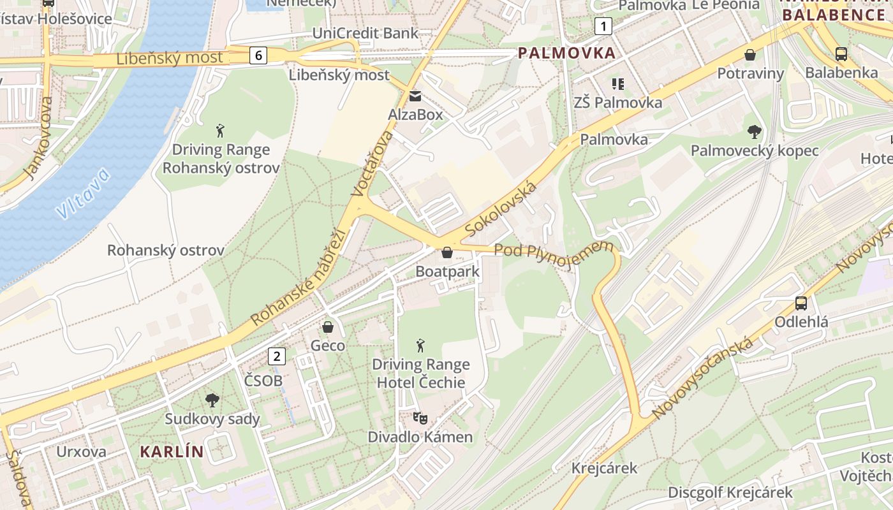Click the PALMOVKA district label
567,53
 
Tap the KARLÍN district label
172,452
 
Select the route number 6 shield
258,55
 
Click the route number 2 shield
276,356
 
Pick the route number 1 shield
603,26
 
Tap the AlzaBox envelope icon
415,96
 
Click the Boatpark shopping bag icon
447,253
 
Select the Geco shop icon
328,327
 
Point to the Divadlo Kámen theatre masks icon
420,418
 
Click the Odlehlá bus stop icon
801,303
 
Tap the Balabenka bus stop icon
841,54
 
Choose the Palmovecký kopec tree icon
755,132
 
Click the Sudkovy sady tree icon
212,400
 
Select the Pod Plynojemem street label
553,254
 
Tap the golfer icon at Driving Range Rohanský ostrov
221,131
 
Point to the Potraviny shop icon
750,55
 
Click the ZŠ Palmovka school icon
617,84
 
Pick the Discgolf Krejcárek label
730,492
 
